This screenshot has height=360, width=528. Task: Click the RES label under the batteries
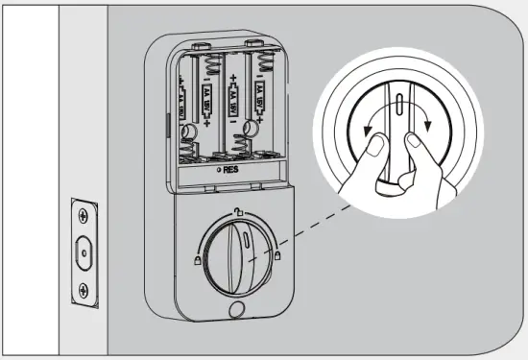[x=231, y=169]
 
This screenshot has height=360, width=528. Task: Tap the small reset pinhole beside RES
[x=219, y=169]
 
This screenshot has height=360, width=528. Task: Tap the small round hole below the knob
[x=236, y=310]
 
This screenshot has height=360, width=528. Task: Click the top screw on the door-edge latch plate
[x=84, y=213]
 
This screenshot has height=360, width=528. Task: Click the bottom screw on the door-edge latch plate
[x=84, y=290]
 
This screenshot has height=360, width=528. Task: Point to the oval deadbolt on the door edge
[x=84, y=252]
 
